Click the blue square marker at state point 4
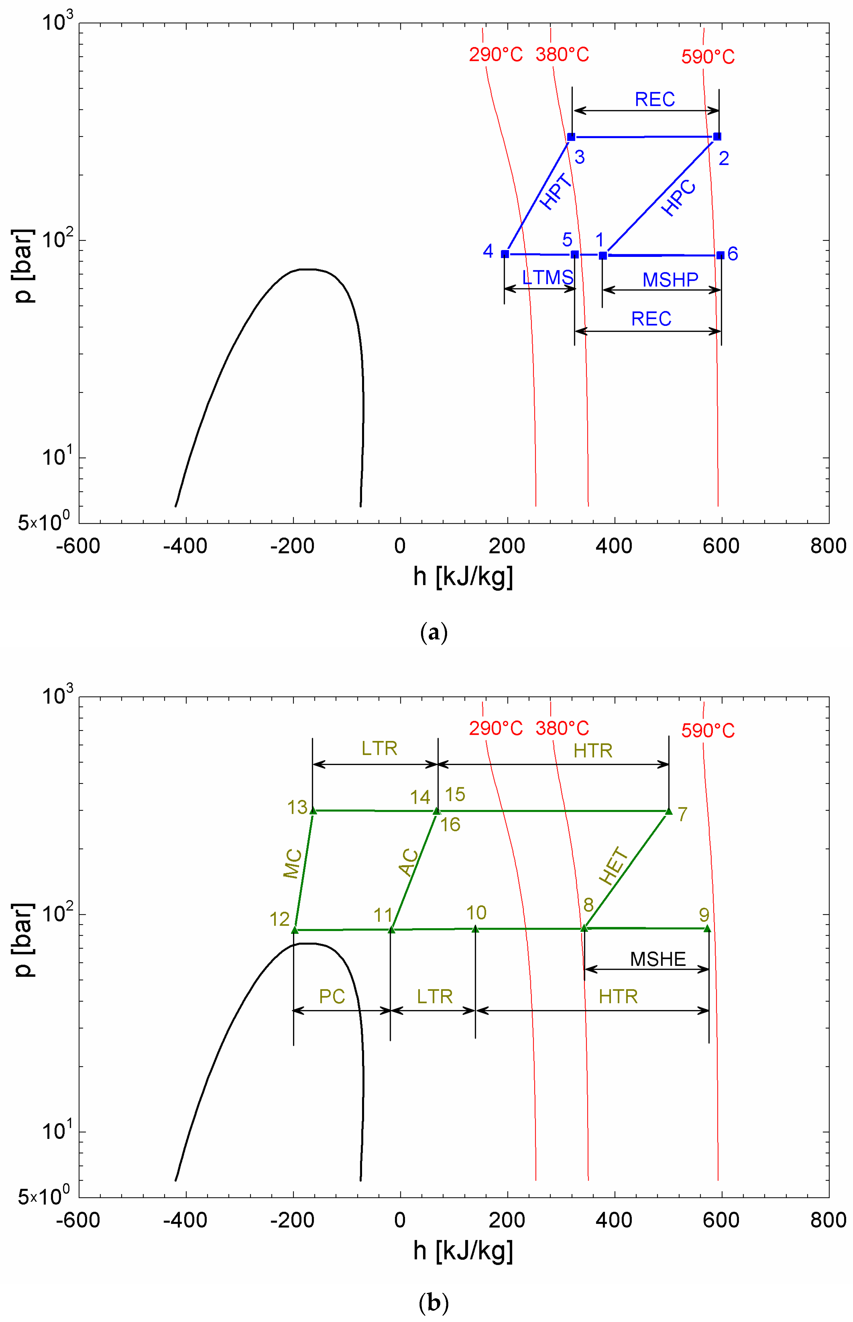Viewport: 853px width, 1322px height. pos(505,254)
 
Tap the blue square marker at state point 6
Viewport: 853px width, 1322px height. pos(720,255)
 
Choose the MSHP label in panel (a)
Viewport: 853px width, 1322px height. pos(670,280)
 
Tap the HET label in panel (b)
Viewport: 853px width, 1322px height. pos(614,866)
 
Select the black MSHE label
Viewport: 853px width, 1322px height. pos(658,959)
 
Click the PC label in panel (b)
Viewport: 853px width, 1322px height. pos(332,996)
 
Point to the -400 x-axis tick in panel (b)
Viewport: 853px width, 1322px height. pos(185,1220)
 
